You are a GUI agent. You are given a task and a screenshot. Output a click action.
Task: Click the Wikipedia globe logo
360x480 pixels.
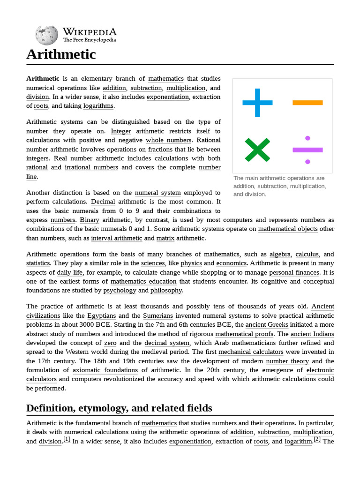pyautogui.click(x=46, y=35)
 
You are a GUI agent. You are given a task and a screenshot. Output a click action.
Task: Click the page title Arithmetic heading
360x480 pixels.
pyautogui.click(x=61, y=54)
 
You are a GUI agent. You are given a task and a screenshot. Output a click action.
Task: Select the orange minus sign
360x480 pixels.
pyautogui.click(x=307, y=102)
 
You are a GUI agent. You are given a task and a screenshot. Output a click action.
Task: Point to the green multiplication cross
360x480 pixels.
pyautogui.click(x=257, y=150)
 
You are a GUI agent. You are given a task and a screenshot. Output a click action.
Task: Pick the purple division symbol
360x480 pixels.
pyautogui.click(x=307, y=150)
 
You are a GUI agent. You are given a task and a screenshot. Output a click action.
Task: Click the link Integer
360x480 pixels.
pyautogui.click(x=121, y=131)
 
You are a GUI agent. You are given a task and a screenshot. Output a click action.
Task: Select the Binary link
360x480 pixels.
pyautogui.click(x=90, y=220)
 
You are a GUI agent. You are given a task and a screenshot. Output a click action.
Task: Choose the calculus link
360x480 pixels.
pyautogui.click(x=307, y=254)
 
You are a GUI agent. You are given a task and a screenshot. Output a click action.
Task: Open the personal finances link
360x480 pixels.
pyautogui.click(x=295, y=272)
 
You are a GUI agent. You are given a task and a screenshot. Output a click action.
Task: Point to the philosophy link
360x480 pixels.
pyautogui.click(x=166, y=291)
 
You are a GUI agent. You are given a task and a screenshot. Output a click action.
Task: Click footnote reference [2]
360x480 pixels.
pyautogui.click(x=317, y=440)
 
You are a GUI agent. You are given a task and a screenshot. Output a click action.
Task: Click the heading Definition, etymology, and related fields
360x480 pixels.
pyautogui.click(x=119, y=408)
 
